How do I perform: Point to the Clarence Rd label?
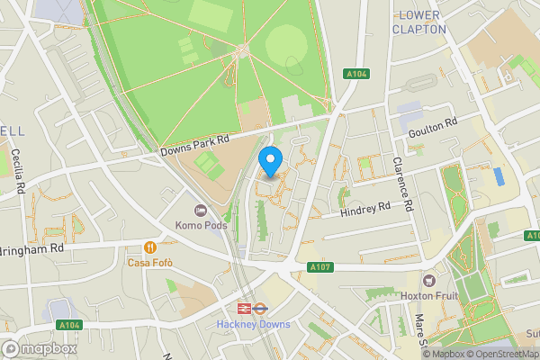(x=401, y=184)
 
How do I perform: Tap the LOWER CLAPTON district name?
(x=419, y=22)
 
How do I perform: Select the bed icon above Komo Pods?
(x=201, y=210)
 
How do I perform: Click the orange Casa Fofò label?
(x=149, y=262)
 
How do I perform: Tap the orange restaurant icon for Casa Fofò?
(x=149, y=247)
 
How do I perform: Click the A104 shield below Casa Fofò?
(x=69, y=325)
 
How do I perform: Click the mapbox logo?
(x=39, y=348)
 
